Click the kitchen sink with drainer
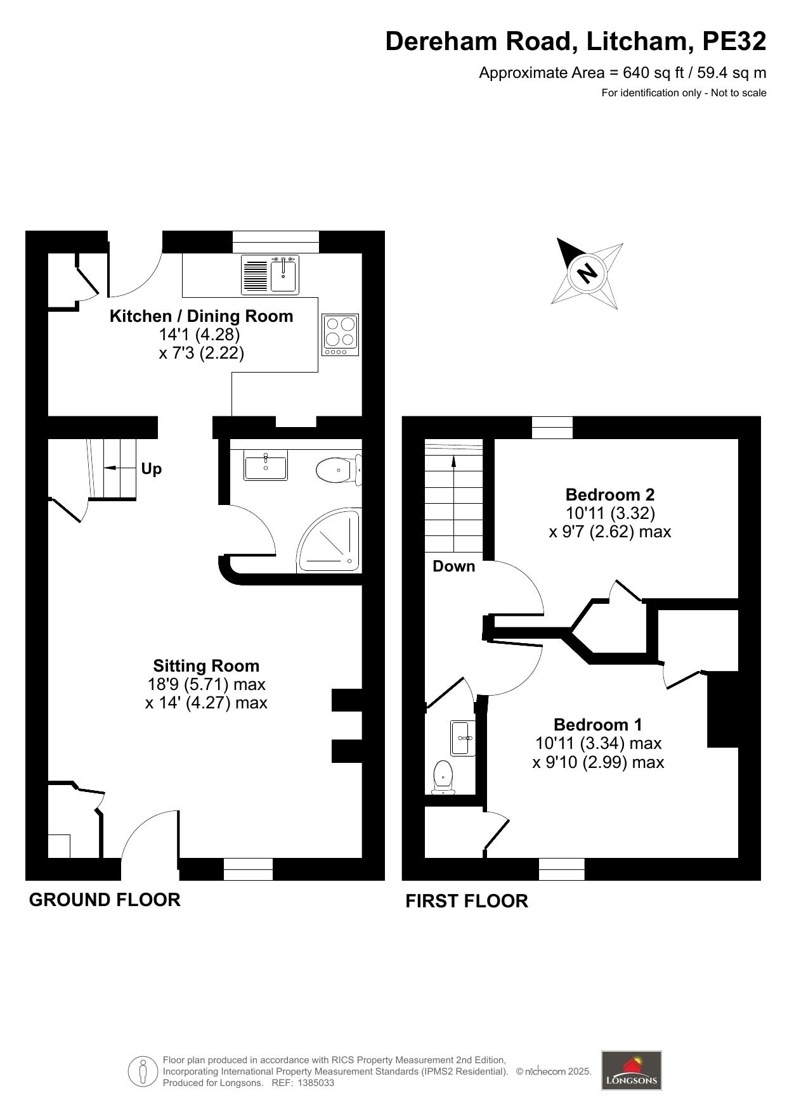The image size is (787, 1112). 270,275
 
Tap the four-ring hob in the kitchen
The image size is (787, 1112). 340,335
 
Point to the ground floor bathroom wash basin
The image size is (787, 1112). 266,466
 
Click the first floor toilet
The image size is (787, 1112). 443,777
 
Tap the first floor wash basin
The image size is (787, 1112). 462,738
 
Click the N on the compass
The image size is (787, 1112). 587,273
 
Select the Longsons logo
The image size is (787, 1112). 631,1070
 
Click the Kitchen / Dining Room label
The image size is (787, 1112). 201,316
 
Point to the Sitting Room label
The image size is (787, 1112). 206,666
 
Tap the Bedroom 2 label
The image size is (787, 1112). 609,494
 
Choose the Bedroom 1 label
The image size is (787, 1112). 597,724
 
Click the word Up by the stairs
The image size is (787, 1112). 151,469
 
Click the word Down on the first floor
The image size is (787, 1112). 453,566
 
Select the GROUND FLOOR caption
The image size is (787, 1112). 105,900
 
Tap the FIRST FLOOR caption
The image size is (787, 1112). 466,901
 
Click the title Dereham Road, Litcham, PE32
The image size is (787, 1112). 575,42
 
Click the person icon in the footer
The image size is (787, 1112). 143,1071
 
